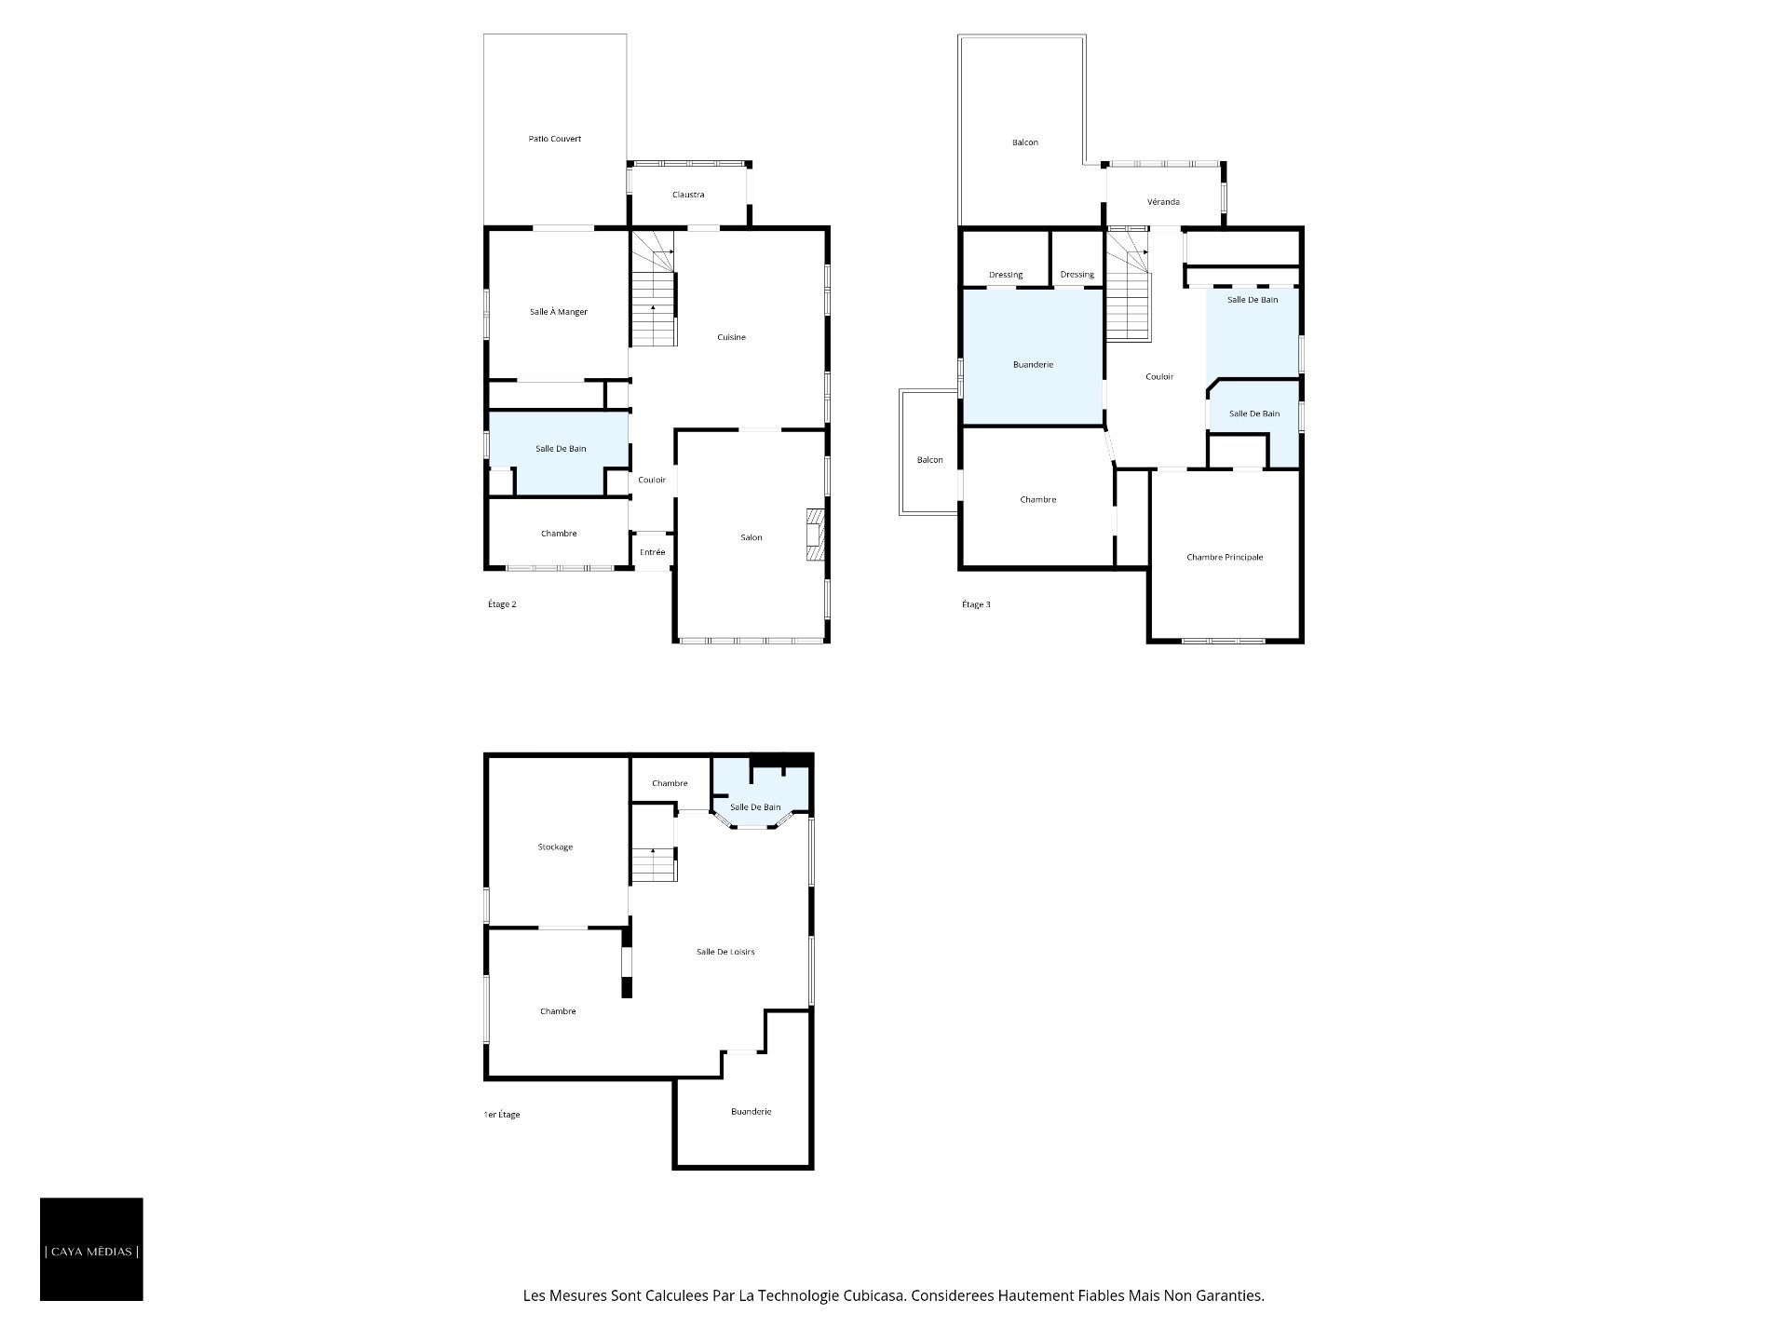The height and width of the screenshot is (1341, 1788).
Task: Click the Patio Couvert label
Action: [x=554, y=139]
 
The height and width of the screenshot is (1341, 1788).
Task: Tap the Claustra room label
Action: [x=688, y=195]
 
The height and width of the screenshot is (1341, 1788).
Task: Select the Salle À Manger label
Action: [x=559, y=312]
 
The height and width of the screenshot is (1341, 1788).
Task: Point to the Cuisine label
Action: [x=731, y=337]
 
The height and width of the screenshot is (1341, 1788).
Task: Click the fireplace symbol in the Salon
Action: [x=816, y=535]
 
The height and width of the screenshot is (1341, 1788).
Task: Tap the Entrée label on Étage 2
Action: [x=652, y=552]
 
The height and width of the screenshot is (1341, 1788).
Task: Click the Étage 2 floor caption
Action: [x=502, y=604]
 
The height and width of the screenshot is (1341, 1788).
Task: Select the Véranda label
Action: [x=1163, y=202]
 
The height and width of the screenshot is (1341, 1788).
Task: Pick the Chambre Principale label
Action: [x=1225, y=558]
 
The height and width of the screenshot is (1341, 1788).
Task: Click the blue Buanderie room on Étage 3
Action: [x=1033, y=358]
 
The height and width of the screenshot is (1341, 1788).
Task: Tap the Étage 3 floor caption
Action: [x=976, y=604]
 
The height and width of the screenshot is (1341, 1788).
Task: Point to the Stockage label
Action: [x=555, y=847]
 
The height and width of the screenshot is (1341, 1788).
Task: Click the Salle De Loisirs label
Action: [x=725, y=952]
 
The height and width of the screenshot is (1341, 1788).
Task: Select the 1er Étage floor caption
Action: [x=502, y=1115]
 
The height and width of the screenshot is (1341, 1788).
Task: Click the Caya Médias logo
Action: [x=91, y=1249]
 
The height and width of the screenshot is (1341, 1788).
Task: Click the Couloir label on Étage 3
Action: [x=1159, y=377]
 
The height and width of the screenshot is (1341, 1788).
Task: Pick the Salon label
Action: [x=751, y=537]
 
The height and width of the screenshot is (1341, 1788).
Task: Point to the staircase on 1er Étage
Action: [x=654, y=864]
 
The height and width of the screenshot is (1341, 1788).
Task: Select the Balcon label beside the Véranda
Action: [x=1024, y=142]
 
